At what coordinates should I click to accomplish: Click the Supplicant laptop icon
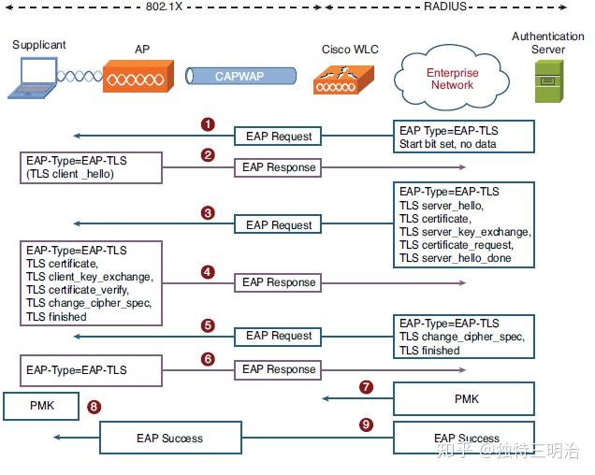[34, 78]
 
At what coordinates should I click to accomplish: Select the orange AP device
[138, 76]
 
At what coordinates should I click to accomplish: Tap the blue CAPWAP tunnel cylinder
[240, 77]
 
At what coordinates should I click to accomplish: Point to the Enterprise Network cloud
[452, 79]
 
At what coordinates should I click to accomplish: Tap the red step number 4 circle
[208, 272]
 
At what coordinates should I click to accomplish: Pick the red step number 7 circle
[366, 386]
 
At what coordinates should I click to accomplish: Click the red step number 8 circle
[94, 407]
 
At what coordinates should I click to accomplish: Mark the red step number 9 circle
[366, 425]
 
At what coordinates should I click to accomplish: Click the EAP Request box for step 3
[279, 224]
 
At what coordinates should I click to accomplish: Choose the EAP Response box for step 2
[279, 167]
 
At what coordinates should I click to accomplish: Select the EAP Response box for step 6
[279, 369]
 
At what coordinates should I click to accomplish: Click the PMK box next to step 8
[41, 407]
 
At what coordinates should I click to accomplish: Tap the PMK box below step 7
[466, 399]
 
